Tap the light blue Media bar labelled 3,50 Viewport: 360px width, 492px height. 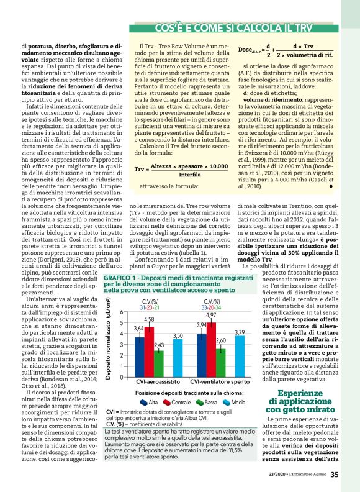tap(178, 358)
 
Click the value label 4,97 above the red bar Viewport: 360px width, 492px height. tap(212, 316)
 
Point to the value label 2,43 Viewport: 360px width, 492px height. tap(159, 345)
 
